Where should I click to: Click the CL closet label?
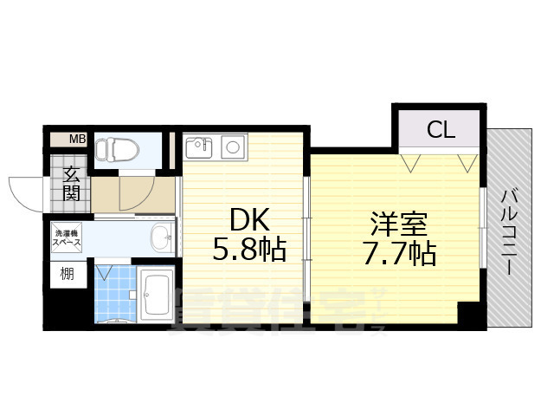pos(440,130)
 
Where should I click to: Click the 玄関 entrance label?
pos(71,185)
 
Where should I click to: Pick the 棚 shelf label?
pos(67,276)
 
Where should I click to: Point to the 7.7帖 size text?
pos(399,254)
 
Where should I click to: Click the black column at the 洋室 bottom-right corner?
pos(469,313)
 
